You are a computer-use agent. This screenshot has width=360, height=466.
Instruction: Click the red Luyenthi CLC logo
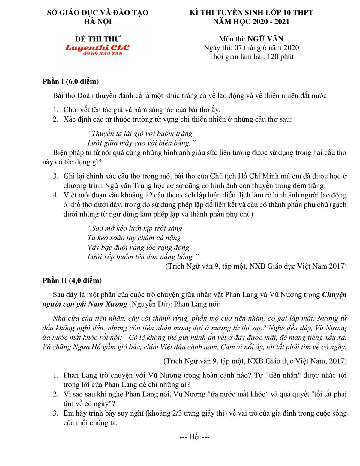(97, 47)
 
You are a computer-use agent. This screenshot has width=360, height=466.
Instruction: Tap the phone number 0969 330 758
(103, 53)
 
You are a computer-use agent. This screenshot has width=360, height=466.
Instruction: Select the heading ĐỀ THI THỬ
(98, 39)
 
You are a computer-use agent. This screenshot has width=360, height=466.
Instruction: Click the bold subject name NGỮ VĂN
(265, 39)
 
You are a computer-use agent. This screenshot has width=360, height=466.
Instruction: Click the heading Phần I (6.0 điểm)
(70, 81)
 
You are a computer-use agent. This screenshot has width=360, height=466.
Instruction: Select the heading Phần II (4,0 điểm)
(72, 281)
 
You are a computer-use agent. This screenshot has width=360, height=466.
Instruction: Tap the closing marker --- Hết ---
(194, 437)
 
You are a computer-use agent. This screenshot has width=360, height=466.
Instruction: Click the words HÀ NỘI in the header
(98, 22)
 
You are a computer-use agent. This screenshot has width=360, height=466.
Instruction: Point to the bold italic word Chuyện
(334, 295)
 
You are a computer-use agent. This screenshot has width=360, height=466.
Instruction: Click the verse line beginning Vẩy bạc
(139, 247)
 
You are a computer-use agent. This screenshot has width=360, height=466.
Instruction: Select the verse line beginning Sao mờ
(135, 228)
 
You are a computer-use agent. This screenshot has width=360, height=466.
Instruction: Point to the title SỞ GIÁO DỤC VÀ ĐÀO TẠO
(98, 13)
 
